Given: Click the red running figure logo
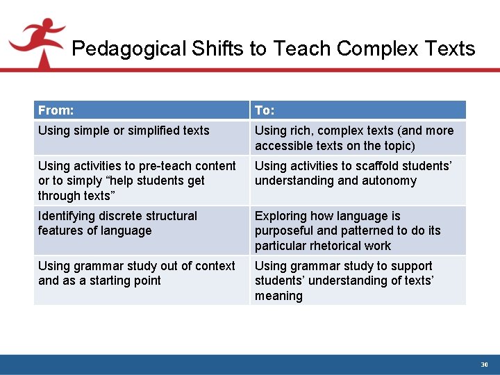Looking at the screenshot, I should point(36,41).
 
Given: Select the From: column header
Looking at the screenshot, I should point(56,110).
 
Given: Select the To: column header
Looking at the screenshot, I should point(265,110).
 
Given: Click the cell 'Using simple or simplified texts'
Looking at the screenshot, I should point(124,131).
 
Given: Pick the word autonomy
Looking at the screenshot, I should point(392,181).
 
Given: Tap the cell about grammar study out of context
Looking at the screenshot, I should point(137,273).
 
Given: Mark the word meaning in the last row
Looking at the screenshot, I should point(278,296).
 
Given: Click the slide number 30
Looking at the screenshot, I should point(485,365).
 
